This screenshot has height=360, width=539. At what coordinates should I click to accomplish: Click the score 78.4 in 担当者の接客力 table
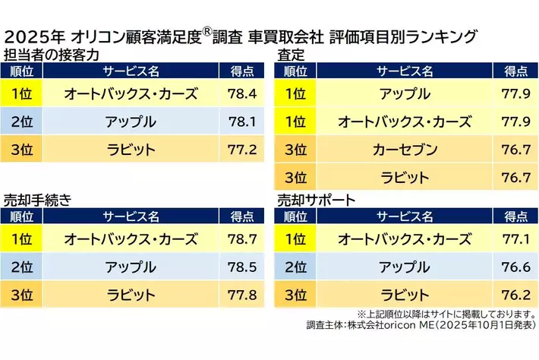pyautogui.click(x=241, y=94)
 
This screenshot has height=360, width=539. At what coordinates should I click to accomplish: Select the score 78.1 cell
pyautogui.click(x=241, y=122)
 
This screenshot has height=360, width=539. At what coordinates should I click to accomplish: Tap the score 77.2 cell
pyautogui.click(x=241, y=150)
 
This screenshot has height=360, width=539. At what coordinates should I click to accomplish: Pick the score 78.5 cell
pyautogui.click(x=241, y=267)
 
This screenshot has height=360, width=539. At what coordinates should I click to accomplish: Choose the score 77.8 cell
pyautogui.click(x=241, y=295)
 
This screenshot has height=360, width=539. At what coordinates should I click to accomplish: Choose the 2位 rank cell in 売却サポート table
pyautogui.click(x=294, y=267)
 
